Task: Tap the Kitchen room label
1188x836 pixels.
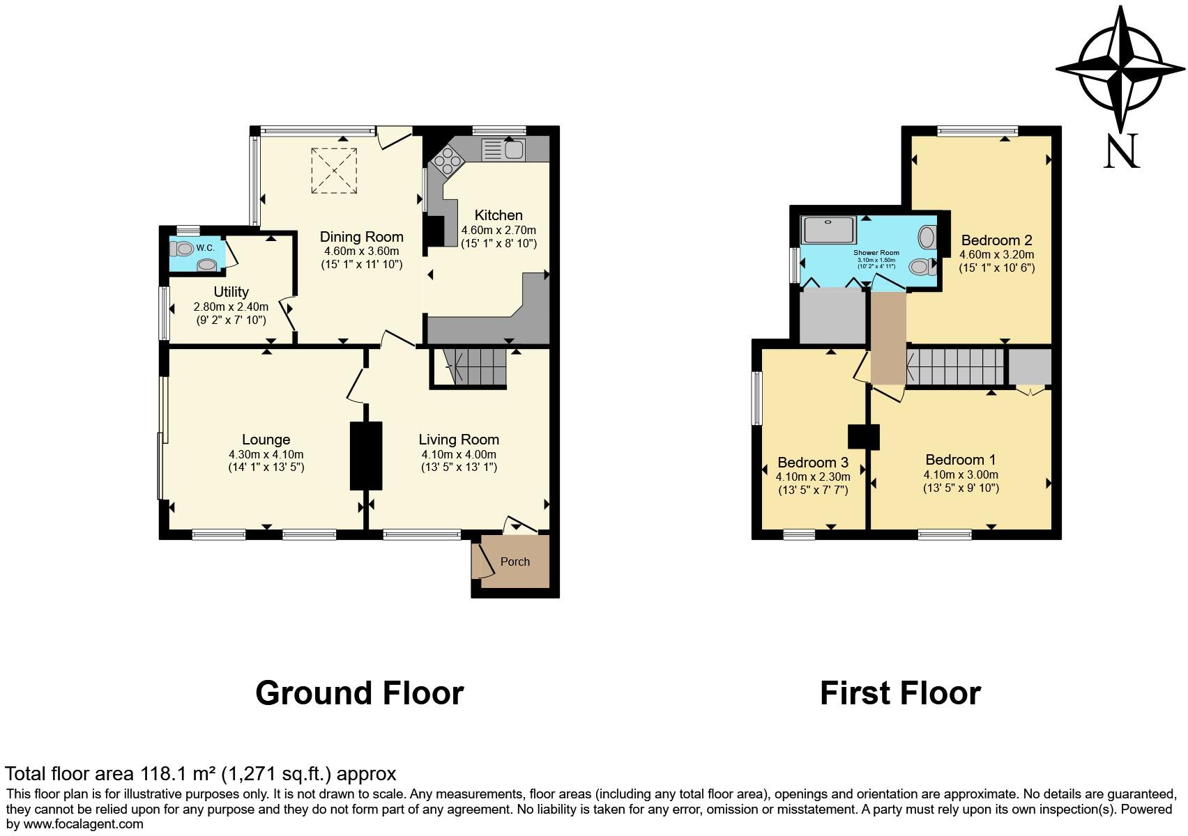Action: (x=498, y=215)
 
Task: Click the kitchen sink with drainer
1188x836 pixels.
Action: (x=503, y=149)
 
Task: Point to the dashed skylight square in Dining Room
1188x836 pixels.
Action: (x=333, y=171)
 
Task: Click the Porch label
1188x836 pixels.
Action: (x=515, y=562)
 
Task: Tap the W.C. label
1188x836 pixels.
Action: (x=205, y=247)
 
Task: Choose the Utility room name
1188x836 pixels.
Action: (x=231, y=292)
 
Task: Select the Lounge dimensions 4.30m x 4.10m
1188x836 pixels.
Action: (x=266, y=454)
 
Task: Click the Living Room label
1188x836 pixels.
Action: (x=459, y=440)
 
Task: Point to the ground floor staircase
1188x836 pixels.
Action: (x=469, y=367)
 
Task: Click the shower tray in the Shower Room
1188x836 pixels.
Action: (x=828, y=230)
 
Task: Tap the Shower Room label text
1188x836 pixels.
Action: (x=876, y=253)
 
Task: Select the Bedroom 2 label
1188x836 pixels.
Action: (x=996, y=240)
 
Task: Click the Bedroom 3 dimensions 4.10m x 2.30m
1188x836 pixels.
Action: (x=813, y=477)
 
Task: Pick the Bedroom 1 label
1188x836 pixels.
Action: (x=961, y=460)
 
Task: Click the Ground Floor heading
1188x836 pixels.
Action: (x=360, y=693)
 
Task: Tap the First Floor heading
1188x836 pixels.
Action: (x=901, y=693)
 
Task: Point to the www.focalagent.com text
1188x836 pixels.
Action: (x=83, y=824)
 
